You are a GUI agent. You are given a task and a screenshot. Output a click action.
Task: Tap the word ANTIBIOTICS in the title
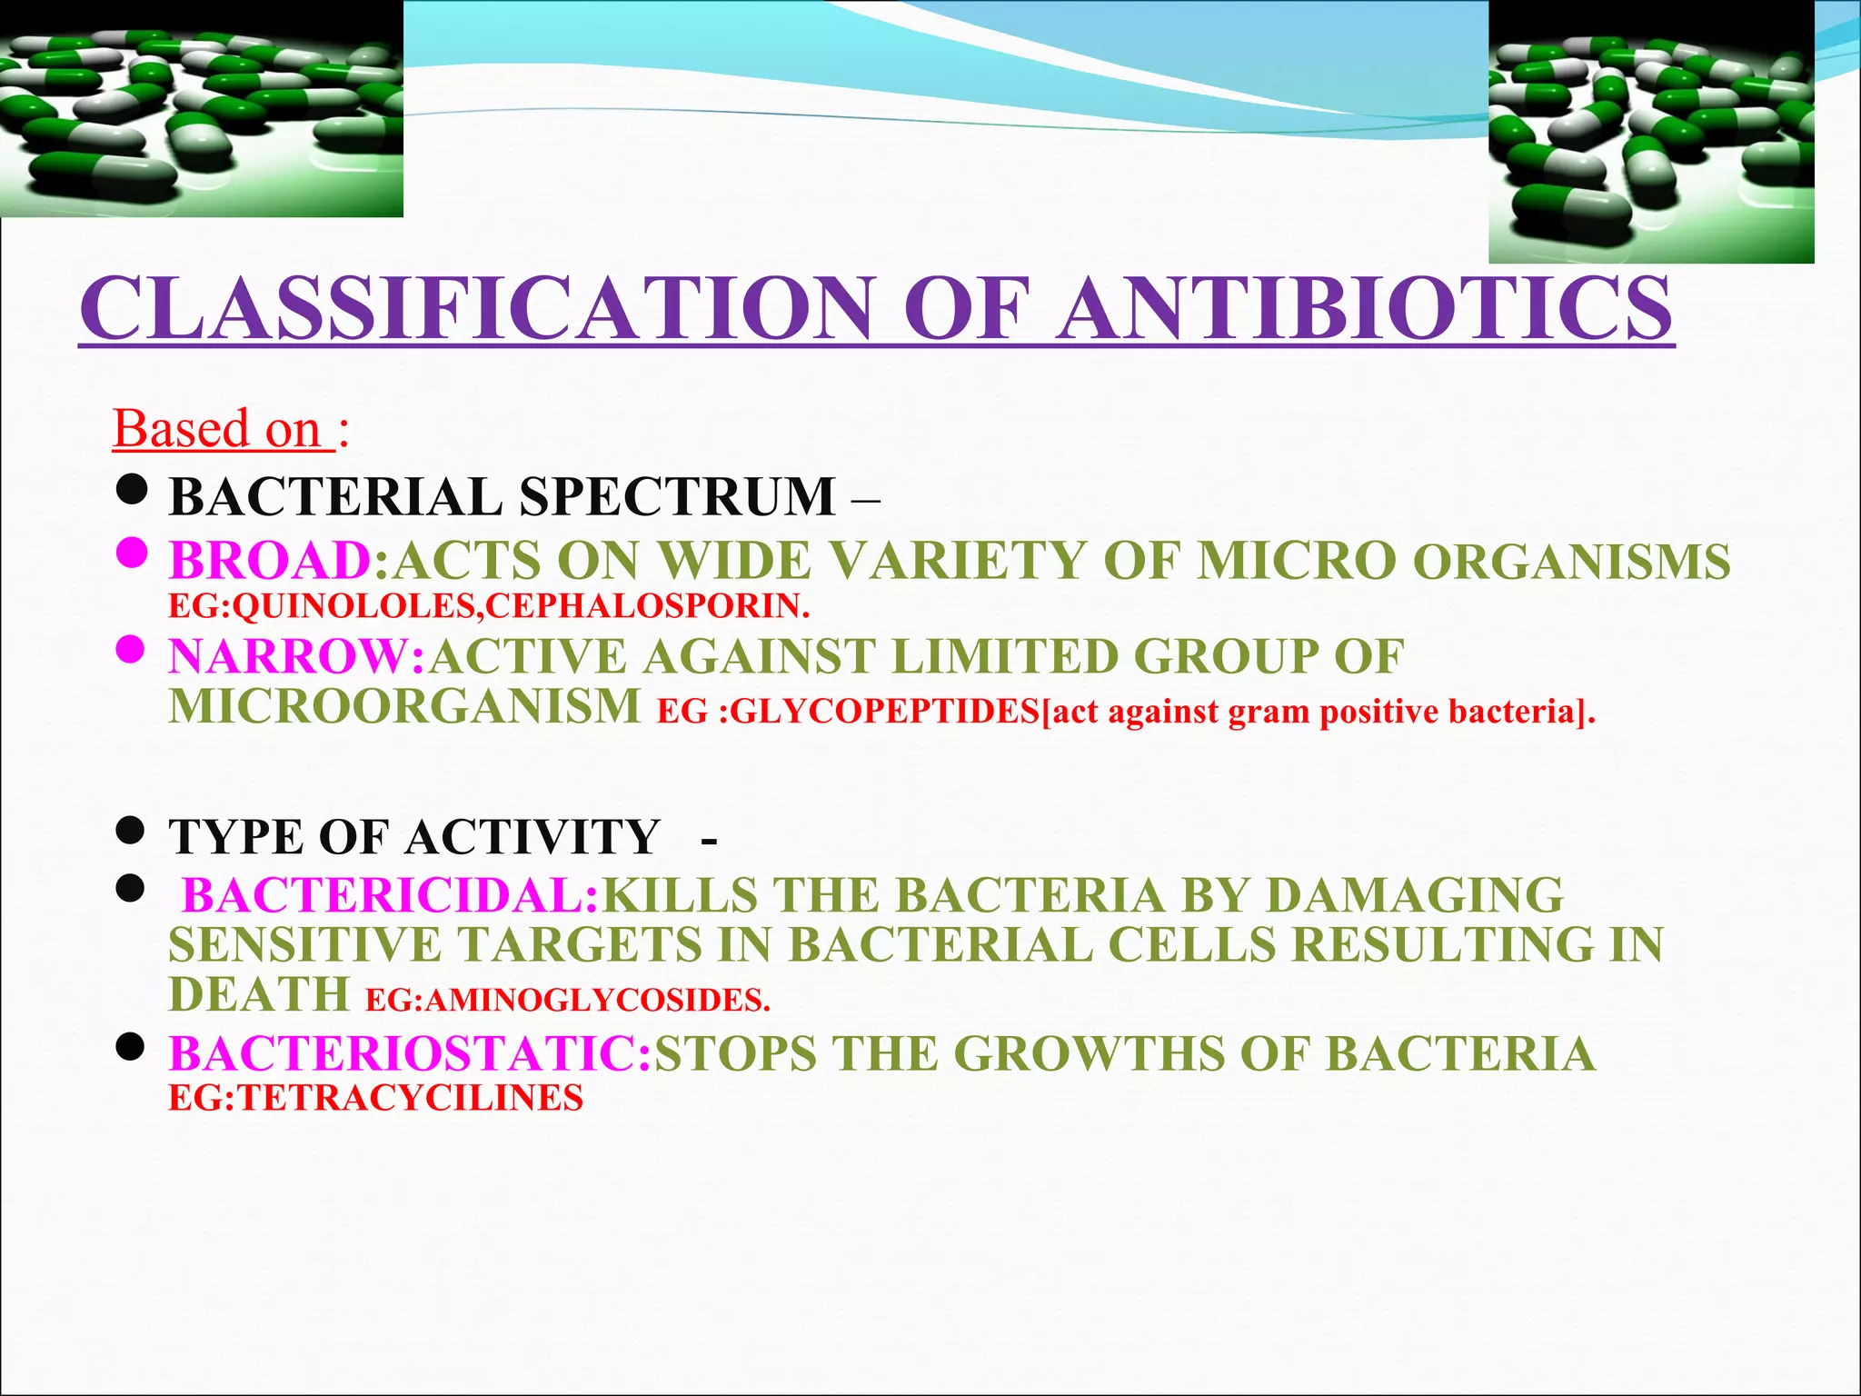tap(1363, 309)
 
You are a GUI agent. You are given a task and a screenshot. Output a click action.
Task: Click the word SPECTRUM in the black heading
tap(677, 497)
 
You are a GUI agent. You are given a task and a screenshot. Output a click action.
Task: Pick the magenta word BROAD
tap(270, 561)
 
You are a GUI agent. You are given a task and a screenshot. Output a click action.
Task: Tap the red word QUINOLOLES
tap(354, 606)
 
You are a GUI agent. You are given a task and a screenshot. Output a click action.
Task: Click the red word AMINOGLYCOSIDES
tap(596, 1001)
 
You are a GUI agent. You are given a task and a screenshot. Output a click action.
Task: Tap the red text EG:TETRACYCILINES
tap(375, 1098)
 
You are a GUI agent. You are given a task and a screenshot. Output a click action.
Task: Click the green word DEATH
tap(259, 994)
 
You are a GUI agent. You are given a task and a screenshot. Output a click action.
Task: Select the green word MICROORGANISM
tap(404, 707)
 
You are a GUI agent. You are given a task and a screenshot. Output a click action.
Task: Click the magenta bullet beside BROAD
tap(133, 552)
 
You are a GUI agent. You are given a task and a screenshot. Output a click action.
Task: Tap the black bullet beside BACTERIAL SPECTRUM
tap(133, 490)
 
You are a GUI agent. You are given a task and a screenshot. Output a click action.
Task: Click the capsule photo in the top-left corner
tap(201, 109)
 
